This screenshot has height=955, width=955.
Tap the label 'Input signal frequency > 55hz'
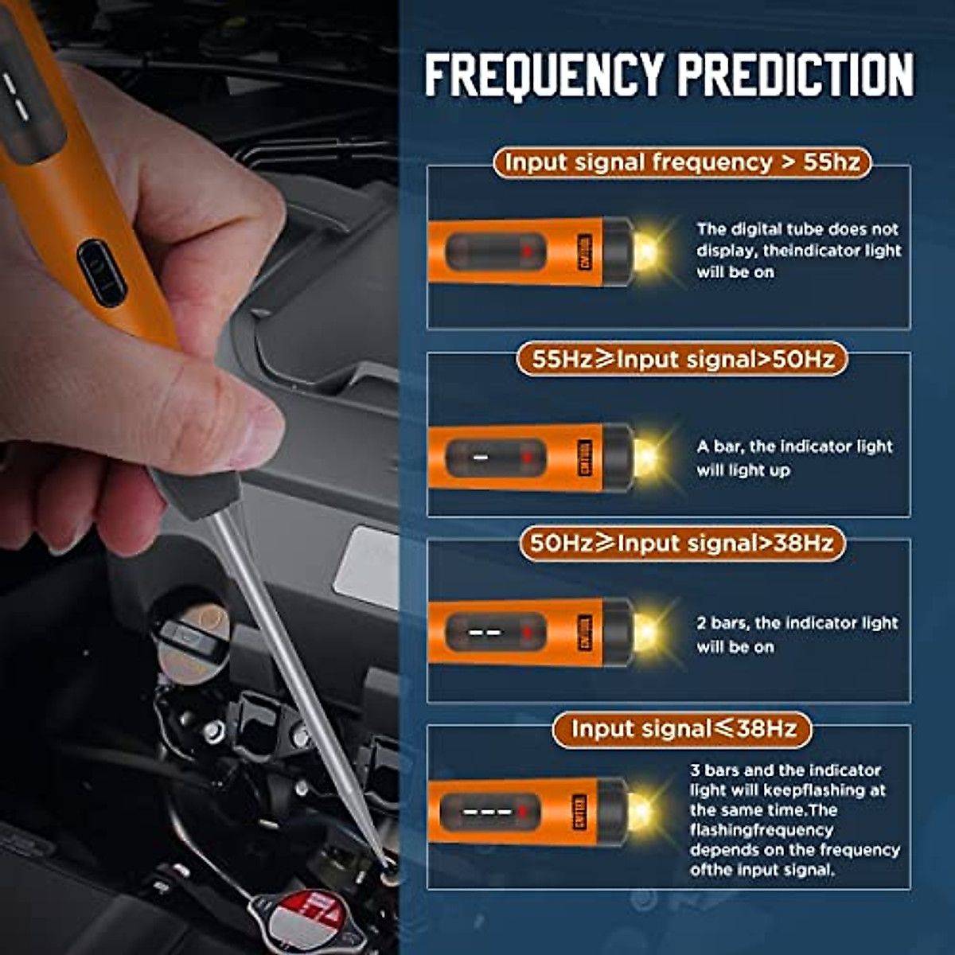click(x=682, y=162)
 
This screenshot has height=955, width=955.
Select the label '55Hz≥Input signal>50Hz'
click(x=682, y=359)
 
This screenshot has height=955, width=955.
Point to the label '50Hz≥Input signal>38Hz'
click(x=682, y=544)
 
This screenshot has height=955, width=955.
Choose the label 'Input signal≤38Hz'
click(x=682, y=728)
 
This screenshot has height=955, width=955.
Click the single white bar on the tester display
click(x=481, y=457)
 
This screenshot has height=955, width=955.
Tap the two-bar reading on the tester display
click(x=485, y=633)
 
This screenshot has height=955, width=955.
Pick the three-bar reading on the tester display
click(x=487, y=812)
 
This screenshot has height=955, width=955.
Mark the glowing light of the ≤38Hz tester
click(x=641, y=811)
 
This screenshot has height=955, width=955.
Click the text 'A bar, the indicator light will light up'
click(x=794, y=458)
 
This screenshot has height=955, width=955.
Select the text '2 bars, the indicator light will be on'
click(x=797, y=634)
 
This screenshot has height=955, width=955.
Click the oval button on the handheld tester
click(x=102, y=273)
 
